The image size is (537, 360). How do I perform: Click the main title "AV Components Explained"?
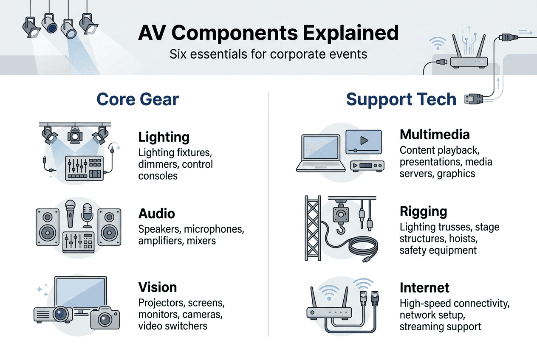point(268,33)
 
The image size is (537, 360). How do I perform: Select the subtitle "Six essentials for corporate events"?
point(268,54)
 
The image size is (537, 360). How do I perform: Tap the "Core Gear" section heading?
point(138,99)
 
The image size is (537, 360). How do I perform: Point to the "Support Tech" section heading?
point(401,99)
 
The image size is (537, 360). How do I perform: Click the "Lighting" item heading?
point(164,137)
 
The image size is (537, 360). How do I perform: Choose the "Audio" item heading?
point(156,213)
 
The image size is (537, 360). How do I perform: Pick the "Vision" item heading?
point(157,287)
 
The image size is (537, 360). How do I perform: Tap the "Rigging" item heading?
point(423,211)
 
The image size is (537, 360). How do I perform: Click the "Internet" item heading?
point(424,288)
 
